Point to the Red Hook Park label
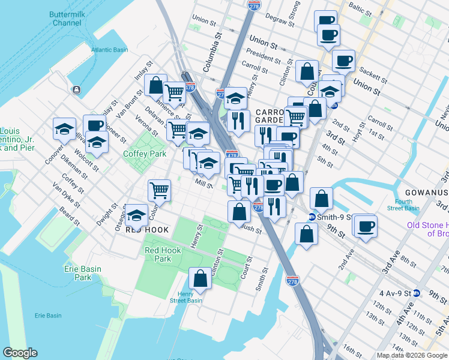click(x=158, y=254)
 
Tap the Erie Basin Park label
click(x=82, y=273)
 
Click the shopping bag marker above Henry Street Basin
click(x=200, y=279)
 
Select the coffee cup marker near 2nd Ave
click(x=366, y=226)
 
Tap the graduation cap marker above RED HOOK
click(x=136, y=214)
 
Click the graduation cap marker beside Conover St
click(x=64, y=128)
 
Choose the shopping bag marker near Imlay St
click(x=155, y=85)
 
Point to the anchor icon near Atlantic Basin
click(x=77, y=90)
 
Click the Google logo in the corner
click(x=20, y=353)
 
